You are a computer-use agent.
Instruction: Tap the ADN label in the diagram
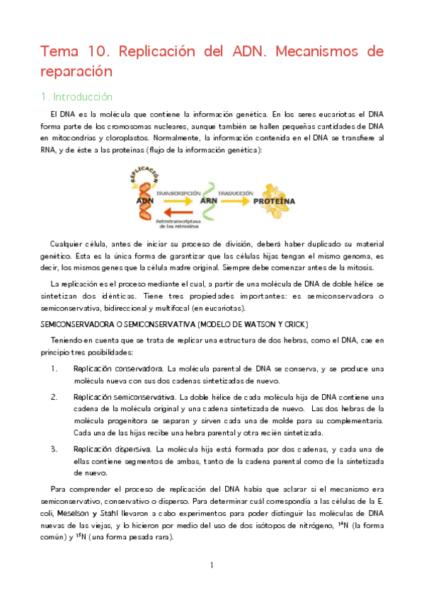(x=144, y=201)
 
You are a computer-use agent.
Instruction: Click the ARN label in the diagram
(x=209, y=201)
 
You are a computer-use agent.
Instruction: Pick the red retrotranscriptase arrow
(x=176, y=213)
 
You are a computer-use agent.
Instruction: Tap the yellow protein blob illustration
(x=271, y=189)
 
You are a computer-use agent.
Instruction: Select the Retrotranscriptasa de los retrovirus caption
(x=176, y=224)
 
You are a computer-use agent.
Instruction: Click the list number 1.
(x=55, y=369)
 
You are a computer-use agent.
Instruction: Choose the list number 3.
(x=55, y=449)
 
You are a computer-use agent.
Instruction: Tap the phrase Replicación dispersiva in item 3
(x=112, y=449)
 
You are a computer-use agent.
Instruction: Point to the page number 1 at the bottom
(x=212, y=565)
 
